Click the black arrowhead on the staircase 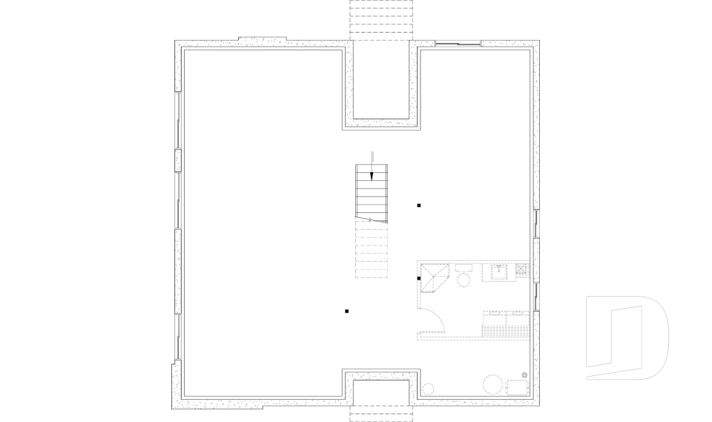pos(372,176)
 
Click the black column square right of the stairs pos(419,205)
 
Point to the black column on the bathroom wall pos(419,278)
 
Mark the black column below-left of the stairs pos(347,311)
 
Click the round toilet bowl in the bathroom pos(464,280)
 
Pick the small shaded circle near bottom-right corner pos(524,375)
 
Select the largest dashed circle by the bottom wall pos(493,384)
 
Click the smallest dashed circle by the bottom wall pos(428,388)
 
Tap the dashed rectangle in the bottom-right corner pos(516,388)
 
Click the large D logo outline pos(627,337)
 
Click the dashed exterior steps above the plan pos(380,19)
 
